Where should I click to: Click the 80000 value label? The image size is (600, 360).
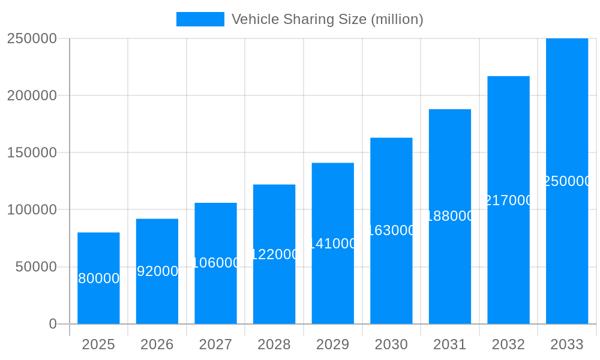[x=99, y=278]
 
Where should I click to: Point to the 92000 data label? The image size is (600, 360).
[x=157, y=271]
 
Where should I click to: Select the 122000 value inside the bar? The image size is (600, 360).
[x=274, y=254]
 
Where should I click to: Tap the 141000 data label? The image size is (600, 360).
[x=333, y=244]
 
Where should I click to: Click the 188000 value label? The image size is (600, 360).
[x=450, y=216]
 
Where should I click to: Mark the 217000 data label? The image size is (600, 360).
[x=508, y=200]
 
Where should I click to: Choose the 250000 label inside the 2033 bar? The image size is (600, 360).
[x=567, y=181]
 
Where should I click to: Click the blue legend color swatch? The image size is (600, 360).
[x=200, y=19]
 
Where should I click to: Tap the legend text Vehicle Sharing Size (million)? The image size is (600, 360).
[x=327, y=19]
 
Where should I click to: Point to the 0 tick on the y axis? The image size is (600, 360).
[x=53, y=324]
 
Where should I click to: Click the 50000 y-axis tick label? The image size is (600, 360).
[x=36, y=267]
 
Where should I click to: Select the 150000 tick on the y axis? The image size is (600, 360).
[x=32, y=152]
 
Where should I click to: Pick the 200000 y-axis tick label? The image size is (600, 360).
[x=32, y=95]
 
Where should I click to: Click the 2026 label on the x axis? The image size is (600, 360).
[x=157, y=344]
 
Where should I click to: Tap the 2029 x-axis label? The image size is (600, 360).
[x=333, y=344]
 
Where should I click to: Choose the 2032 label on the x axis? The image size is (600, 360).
[x=508, y=344]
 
